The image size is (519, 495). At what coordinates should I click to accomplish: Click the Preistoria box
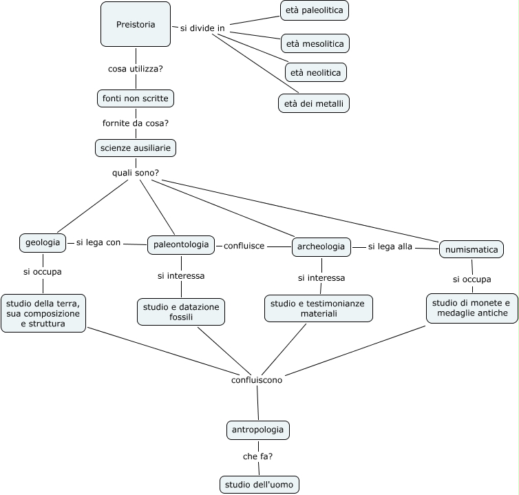click(136, 24)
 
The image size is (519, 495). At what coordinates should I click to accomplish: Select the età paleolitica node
click(315, 10)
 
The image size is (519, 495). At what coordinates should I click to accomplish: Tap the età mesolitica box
click(315, 43)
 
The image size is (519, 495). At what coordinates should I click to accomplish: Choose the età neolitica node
click(316, 72)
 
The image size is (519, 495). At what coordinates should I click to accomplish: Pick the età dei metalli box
click(314, 103)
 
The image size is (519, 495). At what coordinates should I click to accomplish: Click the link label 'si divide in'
click(202, 28)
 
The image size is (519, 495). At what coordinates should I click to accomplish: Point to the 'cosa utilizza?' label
click(136, 69)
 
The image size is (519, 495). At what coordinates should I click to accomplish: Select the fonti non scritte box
click(136, 98)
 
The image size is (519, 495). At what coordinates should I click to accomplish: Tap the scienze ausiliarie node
click(136, 148)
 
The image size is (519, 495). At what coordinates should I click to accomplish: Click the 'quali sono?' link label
click(136, 173)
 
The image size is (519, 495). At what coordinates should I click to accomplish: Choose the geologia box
click(43, 243)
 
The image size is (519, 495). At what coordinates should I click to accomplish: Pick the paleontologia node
click(181, 245)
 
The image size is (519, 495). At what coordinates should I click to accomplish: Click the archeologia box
click(321, 246)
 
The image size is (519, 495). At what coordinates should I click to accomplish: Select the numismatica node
click(472, 249)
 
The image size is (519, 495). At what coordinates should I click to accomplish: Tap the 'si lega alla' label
click(390, 246)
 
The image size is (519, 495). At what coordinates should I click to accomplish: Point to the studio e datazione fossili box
click(181, 312)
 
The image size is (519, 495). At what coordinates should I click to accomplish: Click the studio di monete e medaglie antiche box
click(472, 308)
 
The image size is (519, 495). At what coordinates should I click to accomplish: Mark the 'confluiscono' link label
click(257, 380)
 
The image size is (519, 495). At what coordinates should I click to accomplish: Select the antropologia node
click(258, 430)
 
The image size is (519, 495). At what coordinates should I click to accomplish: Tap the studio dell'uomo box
click(259, 485)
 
